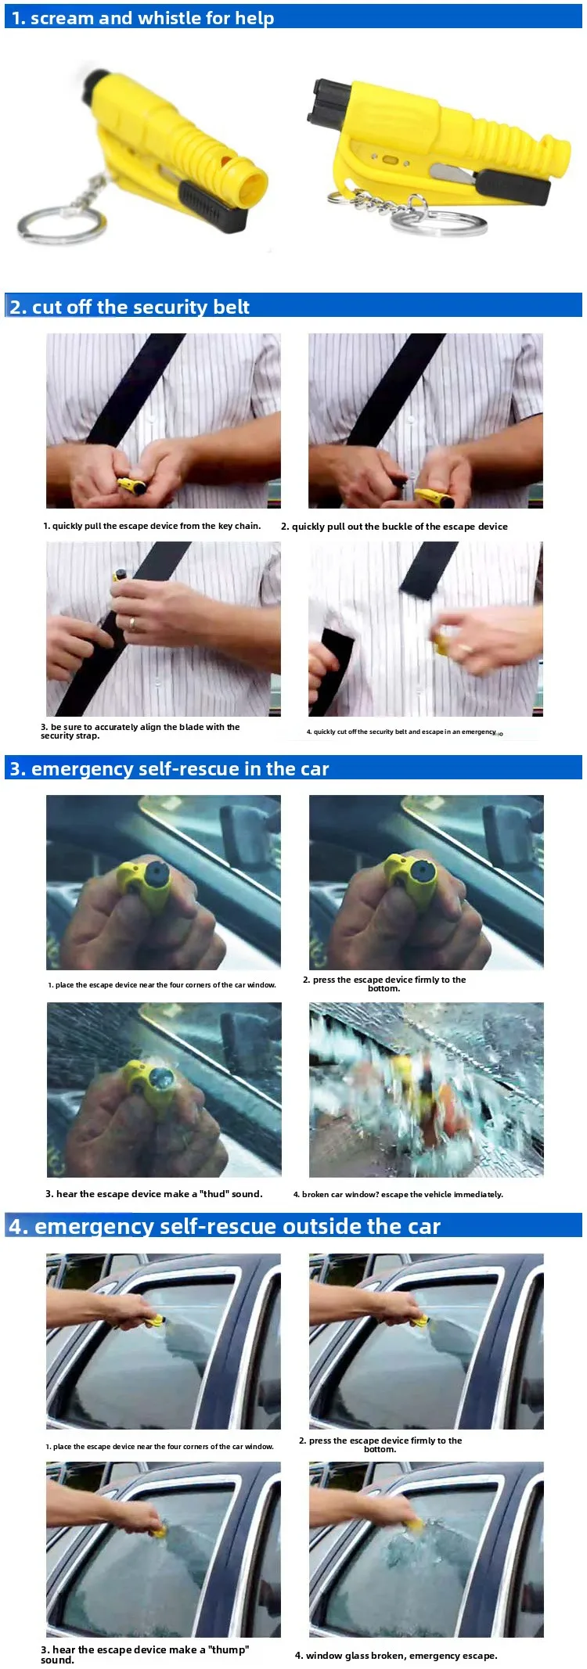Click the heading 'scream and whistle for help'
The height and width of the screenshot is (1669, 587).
tap(152, 18)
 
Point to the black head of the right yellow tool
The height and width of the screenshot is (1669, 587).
tap(325, 103)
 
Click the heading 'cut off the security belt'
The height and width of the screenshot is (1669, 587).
tap(141, 307)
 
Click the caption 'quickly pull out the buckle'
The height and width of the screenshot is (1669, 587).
tap(394, 527)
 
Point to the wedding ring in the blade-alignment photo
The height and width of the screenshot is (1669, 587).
tap(132, 624)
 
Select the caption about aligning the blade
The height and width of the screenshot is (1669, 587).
tap(140, 731)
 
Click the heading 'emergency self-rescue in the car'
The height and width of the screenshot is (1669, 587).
tap(180, 768)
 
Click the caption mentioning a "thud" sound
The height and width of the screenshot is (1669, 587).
tap(154, 1194)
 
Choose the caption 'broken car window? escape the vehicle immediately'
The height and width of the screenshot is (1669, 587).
tap(398, 1194)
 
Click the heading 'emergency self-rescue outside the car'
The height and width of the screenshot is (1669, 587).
tap(237, 1226)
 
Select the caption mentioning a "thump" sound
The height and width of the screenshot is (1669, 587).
tap(145, 1654)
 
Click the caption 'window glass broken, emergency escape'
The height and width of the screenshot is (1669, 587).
tap(396, 1655)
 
